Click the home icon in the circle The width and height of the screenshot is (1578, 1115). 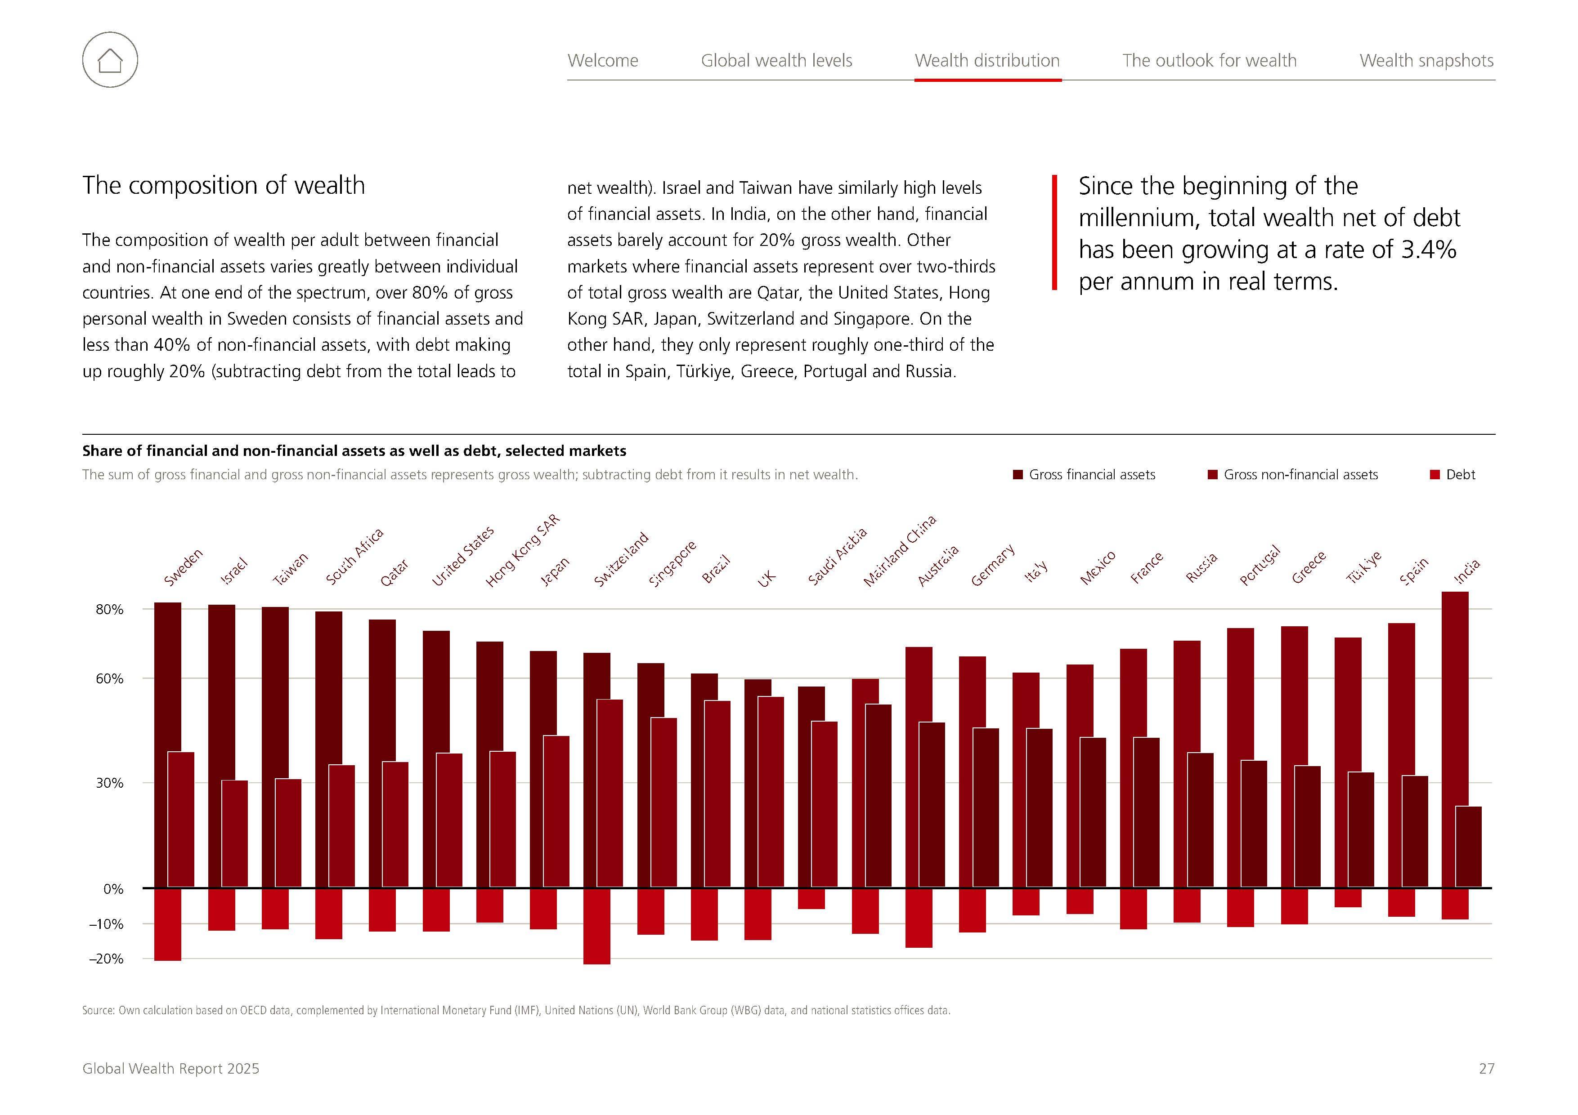(110, 60)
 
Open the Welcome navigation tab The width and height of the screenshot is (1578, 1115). (603, 60)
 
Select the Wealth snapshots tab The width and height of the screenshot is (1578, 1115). (1426, 60)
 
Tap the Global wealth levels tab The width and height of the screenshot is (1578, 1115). (776, 60)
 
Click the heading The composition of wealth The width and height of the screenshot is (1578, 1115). (224, 186)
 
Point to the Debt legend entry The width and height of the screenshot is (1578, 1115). (1460, 475)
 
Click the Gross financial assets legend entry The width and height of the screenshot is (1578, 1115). (1091, 475)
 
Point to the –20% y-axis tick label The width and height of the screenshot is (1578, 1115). (107, 959)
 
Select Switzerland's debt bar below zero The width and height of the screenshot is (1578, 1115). (596, 926)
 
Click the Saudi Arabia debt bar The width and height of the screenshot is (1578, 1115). (811, 899)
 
